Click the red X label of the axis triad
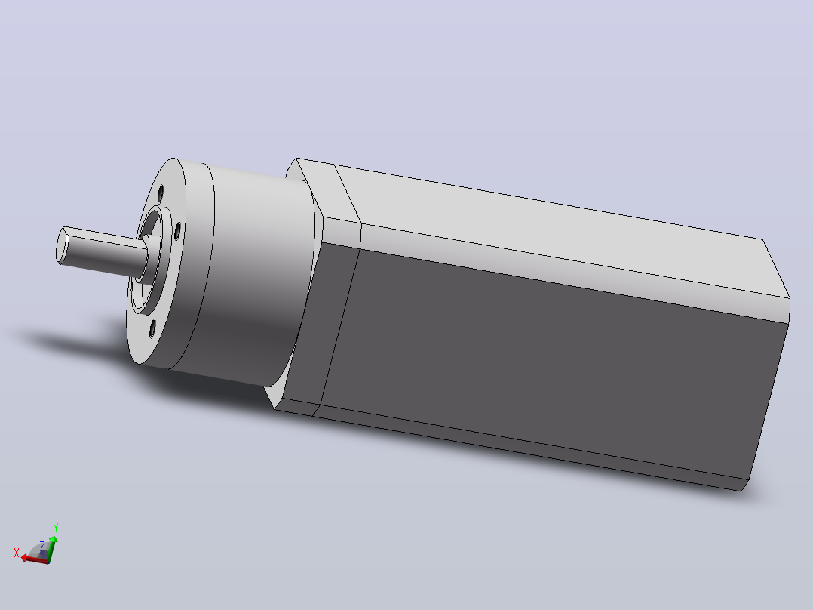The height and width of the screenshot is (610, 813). pyautogui.click(x=17, y=553)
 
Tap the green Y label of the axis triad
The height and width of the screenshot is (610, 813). pyautogui.click(x=56, y=528)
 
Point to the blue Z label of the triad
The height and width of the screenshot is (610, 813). pyautogui.click(x=42, y=545)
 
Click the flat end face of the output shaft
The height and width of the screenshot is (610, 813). pyautogui.click(x=63, y=245)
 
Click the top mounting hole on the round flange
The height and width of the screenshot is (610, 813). pyautogui.click(x=161, y=193)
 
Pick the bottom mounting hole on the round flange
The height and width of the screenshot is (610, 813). pyautogui.click(x=152, y=328)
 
